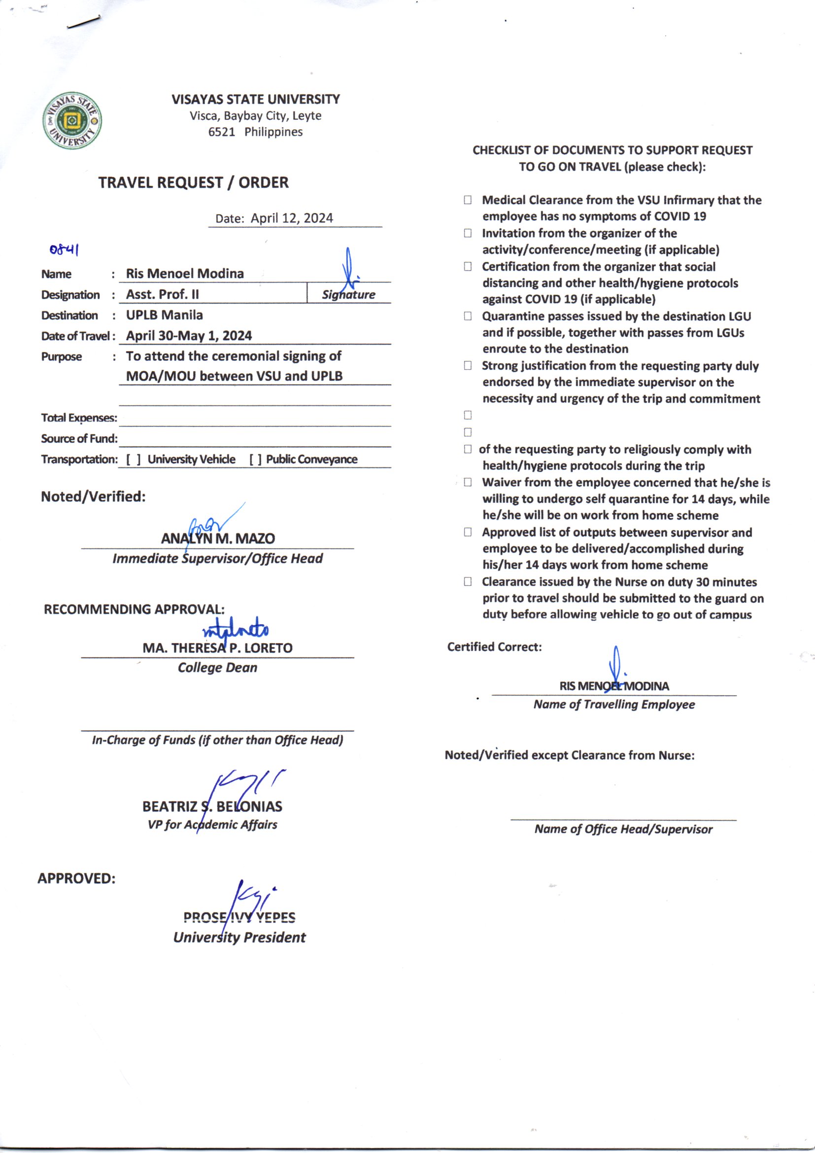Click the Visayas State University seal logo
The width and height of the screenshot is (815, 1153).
[x=72, y=120]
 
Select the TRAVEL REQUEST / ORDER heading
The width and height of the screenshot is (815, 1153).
[x=193, y=182]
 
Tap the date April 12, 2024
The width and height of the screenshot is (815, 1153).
[x=292, y=218]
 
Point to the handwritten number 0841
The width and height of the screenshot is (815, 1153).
[x=64, y=249]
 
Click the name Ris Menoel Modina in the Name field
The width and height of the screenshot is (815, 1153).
[x=185, y=274]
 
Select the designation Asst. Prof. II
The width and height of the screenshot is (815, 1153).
[x=162, y=294]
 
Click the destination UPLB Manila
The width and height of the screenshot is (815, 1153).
[x=164, y=315]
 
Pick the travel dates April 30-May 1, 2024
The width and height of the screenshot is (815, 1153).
[x=189, y=335]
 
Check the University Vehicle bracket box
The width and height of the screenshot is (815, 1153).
[x=134, y=460]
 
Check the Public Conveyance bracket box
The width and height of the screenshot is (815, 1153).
[x=256, y=460]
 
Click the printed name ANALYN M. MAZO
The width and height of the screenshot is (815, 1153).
[x=218, y=539]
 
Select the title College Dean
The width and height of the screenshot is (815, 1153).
[x=217, y=667]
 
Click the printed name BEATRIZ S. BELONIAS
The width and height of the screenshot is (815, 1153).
[x=212, y=806]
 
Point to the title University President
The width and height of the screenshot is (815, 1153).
[x=239, y=937]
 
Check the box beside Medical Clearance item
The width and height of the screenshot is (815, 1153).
[x=468, y=200]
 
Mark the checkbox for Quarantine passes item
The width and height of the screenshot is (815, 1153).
[x=468, y=316]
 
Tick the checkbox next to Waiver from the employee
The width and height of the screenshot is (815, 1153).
[x=468, y=482]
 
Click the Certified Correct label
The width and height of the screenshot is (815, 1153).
[x=494, y=647]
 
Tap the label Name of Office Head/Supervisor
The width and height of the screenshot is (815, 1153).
[x=623, y=829]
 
